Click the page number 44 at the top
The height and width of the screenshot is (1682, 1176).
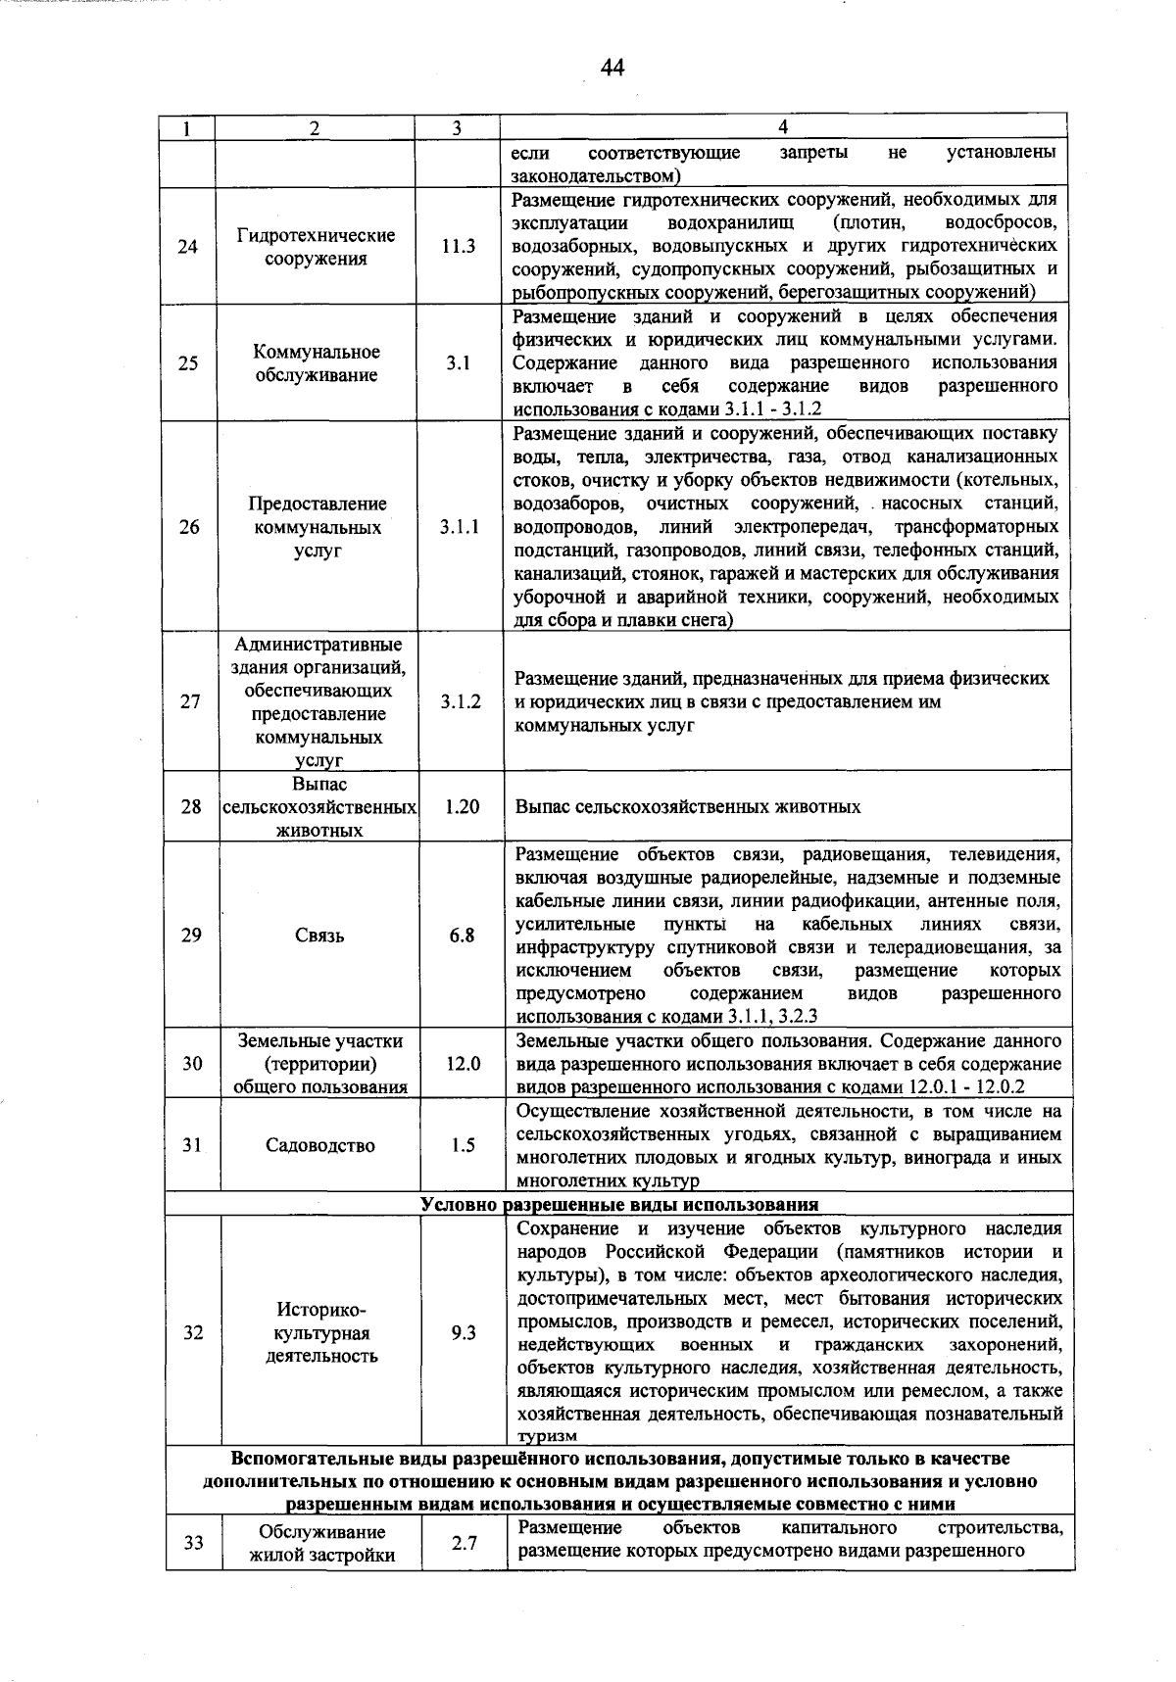612,67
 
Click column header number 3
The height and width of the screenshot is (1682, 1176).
457,128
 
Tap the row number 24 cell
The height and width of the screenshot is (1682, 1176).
188,247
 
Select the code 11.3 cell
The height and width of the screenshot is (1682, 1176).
457,247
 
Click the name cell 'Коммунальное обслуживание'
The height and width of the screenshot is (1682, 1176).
317,363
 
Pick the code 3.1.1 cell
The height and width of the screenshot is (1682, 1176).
459,527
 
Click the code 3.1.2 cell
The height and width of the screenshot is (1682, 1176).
461,701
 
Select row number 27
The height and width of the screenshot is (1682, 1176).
190,701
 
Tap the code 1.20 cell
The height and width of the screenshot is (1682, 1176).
462,806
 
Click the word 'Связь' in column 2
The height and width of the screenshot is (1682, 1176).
319,936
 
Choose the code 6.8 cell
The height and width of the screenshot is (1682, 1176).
462,936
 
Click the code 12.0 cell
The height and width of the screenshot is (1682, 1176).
463,1063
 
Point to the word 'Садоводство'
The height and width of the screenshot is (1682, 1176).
320,1145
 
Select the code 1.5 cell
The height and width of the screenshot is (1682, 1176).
464,1145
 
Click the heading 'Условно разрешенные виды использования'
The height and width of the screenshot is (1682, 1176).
619,1204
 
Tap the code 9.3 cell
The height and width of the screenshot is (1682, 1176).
464,1333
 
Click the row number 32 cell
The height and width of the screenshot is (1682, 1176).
193,1333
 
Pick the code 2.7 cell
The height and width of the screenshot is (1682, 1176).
465,1543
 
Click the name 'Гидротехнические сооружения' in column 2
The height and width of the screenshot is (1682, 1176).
316,247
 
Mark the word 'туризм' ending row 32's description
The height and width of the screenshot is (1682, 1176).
547,1435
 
